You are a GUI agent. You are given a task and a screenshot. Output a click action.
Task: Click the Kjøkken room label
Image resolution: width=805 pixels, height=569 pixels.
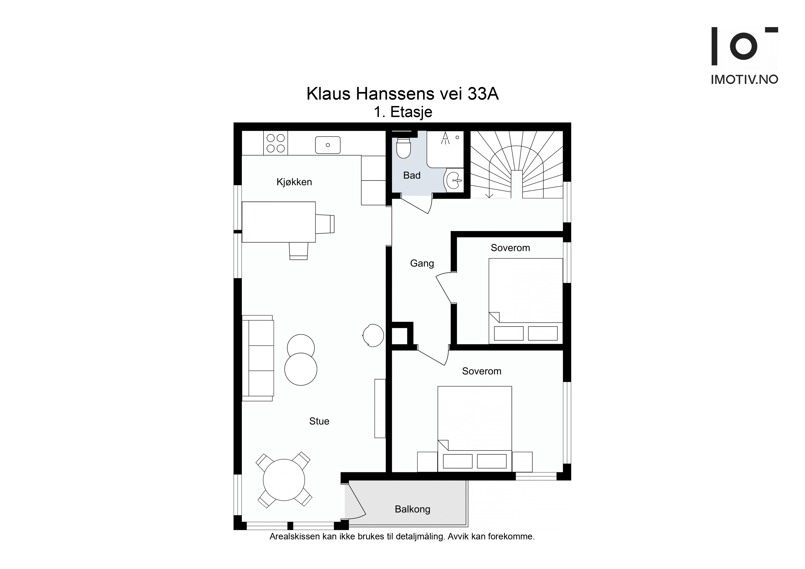pyautogui.click(x=294, y=182)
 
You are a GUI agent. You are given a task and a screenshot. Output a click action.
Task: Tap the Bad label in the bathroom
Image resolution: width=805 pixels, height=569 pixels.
pyautogui.click(x=412, y=175)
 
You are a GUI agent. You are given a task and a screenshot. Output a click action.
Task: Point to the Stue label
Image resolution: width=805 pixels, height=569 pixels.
pyautogui.click(x=319, y=421)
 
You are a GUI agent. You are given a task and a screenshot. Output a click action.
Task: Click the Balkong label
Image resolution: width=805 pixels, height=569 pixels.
pyautogui.click(x=412, y=509)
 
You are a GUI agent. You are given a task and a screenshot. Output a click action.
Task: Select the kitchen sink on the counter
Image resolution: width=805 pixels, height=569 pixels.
pyautogui.click(x=328, y=145)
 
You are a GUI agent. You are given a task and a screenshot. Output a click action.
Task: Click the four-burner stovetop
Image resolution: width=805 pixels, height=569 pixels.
pyautogui.click(x=276, y=143)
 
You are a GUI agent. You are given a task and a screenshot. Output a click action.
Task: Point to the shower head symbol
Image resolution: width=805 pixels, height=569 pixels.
pyautogui.click(x=445, y=138)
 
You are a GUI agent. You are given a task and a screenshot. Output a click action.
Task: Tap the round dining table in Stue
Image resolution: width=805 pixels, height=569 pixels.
pyautogui.click(x=284, y=480)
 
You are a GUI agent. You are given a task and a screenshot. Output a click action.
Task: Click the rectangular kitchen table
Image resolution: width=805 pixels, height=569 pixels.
pyautogui.click(x=279, y=222)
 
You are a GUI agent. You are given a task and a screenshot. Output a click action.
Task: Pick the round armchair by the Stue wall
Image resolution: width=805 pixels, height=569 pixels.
pyautogui.click(x=373, y=335)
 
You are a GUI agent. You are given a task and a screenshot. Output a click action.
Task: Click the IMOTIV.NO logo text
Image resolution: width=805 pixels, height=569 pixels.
pyautogui.click(x=744, y=80)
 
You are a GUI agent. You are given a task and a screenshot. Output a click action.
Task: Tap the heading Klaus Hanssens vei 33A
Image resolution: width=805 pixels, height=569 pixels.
pyautogui.click(x=402, y=94)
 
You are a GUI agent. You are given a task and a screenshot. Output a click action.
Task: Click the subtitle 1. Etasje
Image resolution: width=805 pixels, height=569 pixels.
pyautogui.click(x=403, y=112)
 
